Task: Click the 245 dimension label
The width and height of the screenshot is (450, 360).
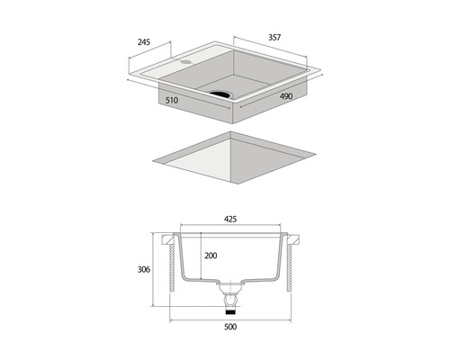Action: tap(144, 42)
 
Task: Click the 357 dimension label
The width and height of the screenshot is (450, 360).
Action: tap(274, 38)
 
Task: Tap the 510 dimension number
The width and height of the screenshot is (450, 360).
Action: tap(172, 100)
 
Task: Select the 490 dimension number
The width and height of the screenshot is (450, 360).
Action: tap(286, 96)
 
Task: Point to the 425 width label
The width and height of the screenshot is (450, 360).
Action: tap(230, 220)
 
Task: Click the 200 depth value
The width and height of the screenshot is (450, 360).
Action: tap(211, 256)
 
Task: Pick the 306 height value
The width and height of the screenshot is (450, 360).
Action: tap(144, 270)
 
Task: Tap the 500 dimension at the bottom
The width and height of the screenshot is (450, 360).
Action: tap(230, 327)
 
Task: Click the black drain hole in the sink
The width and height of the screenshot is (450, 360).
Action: tap(221, 94)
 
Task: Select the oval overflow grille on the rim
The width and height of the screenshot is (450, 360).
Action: tap(186, 62)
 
